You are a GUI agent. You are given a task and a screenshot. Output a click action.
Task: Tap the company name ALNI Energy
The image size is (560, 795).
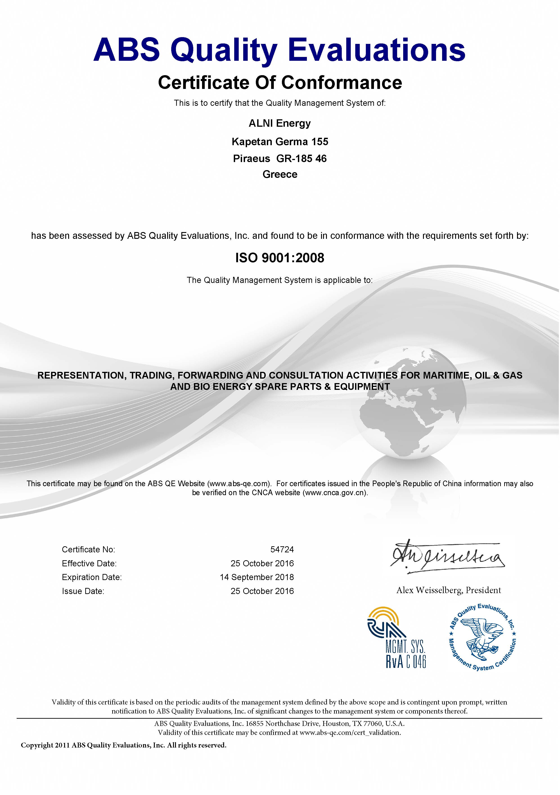click(x=280, y=123)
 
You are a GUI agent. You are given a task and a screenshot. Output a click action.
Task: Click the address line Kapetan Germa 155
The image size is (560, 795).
click(x=280, y=142)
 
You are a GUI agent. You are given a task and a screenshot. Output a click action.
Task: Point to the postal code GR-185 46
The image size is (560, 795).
click(x=301, y=159)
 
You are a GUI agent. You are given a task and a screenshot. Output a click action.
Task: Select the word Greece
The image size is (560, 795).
click(x=280, y=174)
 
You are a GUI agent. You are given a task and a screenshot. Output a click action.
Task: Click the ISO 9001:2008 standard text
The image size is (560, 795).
click(x=280, y=258)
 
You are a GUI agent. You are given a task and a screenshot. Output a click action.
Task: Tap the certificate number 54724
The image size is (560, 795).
click(x=282, y=549)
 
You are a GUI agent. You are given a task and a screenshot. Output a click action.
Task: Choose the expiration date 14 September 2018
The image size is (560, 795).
click(x=257, y=577)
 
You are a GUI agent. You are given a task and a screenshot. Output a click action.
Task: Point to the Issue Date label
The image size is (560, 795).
click(x=83, y=591)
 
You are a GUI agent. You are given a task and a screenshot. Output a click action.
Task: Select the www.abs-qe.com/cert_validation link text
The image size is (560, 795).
click(x=350, y=732)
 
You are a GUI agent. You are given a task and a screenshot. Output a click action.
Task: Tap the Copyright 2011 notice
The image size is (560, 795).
click(x=124, y=745)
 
